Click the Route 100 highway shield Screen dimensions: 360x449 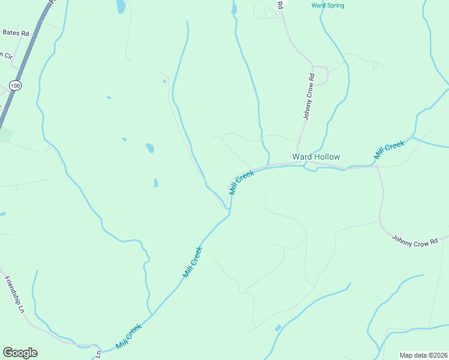point(16,86)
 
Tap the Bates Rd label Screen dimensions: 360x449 point(16,32)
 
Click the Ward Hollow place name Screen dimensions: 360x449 point(316,157)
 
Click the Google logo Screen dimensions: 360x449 point(20,353)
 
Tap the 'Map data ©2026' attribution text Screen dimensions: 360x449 point(424,355)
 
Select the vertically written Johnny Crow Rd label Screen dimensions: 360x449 point(309,97)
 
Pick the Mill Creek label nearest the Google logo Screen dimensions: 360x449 point(129,337)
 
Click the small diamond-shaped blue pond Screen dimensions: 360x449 point(278,328)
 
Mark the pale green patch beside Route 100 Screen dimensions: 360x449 point(5,134)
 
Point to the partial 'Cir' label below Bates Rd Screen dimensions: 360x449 point(7,55)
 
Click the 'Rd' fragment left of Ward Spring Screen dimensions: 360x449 point(280,4)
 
